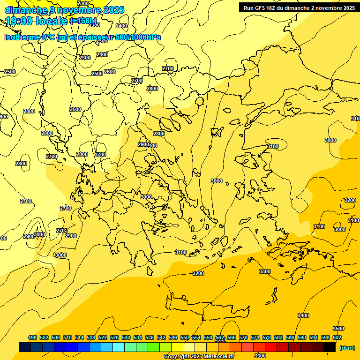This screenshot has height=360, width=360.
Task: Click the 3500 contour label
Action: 338,329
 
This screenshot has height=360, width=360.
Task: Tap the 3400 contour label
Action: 303,315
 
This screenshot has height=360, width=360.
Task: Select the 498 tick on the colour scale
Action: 32,337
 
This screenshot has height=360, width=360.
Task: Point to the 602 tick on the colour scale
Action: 337,337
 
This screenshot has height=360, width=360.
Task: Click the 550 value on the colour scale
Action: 185,337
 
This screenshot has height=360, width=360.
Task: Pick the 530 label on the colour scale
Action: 126,337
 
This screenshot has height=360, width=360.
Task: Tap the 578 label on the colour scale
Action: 267,337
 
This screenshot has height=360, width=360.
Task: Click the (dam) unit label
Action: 347,347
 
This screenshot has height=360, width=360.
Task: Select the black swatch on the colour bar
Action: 330,347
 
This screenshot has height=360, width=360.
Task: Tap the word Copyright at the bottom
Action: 177,357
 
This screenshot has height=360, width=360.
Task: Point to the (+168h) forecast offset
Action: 83,21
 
